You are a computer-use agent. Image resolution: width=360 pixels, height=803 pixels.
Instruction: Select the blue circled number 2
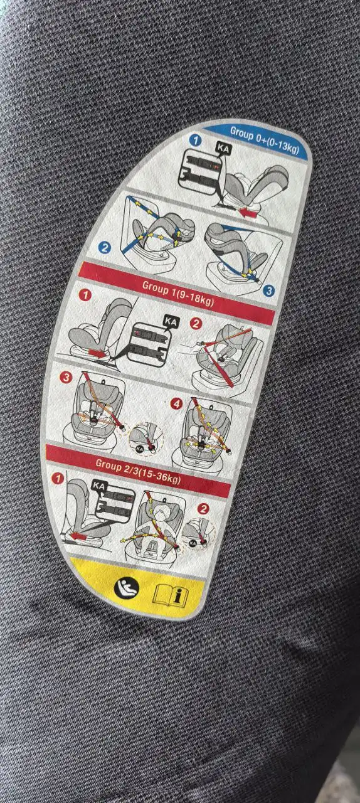105,247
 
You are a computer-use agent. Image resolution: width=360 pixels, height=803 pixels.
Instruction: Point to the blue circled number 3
268,290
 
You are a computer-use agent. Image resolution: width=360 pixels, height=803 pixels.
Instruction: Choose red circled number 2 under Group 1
196,324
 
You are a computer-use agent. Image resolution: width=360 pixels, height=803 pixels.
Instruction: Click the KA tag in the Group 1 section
170,322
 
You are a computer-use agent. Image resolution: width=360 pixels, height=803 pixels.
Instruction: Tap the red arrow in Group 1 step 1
98,353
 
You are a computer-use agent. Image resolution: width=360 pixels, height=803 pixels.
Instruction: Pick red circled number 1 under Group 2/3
59,479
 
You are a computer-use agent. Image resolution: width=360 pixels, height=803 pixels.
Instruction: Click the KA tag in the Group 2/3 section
98,486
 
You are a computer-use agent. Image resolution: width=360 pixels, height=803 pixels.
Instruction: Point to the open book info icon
172,593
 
